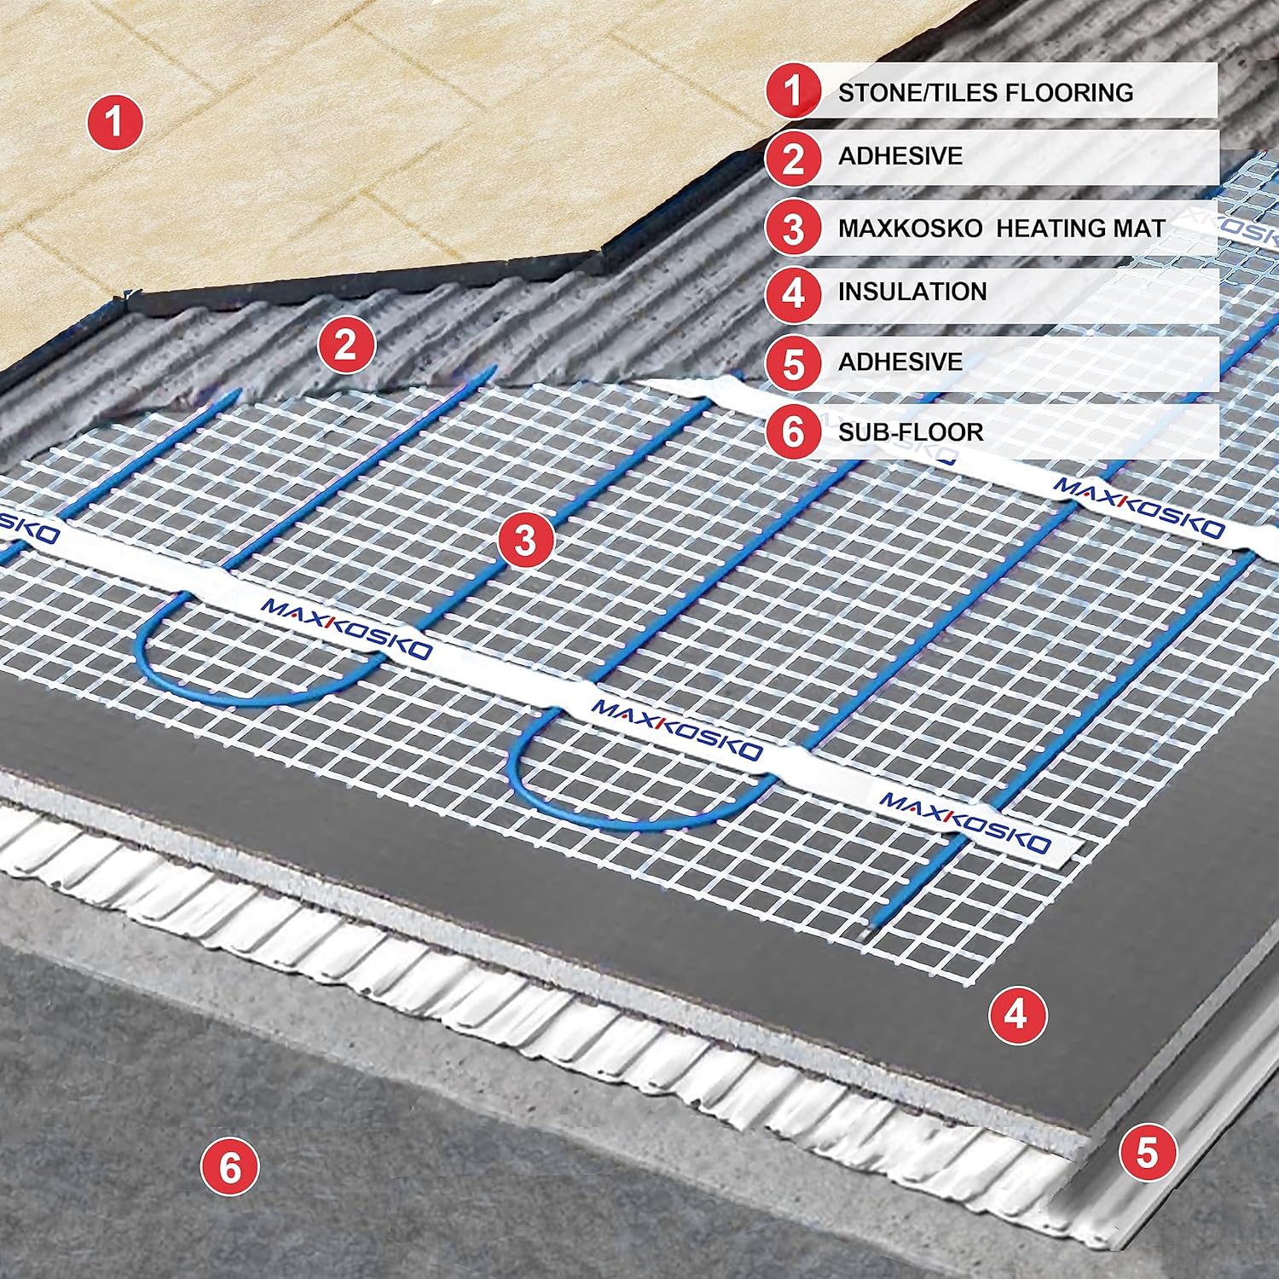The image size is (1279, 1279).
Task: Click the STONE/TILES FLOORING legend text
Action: pos(985,92)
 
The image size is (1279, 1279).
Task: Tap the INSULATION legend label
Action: pos(912,292)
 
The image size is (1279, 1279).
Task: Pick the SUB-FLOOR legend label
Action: pos(910,431)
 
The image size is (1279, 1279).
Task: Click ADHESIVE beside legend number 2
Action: pos(900,156)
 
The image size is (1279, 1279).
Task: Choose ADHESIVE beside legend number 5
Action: pos(900,362)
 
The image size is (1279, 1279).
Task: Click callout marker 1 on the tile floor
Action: pos(114,123)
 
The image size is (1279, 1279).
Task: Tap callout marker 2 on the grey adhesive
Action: pos(345,344)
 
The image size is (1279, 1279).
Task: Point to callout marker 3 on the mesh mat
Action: pos(525,539)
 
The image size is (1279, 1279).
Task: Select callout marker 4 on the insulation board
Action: pos(1016,1015)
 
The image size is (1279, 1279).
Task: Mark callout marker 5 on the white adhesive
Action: pos(1147,1152)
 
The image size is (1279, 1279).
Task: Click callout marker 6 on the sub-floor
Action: pos(230,1166)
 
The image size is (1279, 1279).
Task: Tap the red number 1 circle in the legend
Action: pos(793,91)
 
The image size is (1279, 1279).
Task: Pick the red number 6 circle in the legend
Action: pos(793,431)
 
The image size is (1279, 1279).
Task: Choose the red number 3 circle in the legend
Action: pos(793,229)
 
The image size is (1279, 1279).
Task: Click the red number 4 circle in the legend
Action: pos(793,292)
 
